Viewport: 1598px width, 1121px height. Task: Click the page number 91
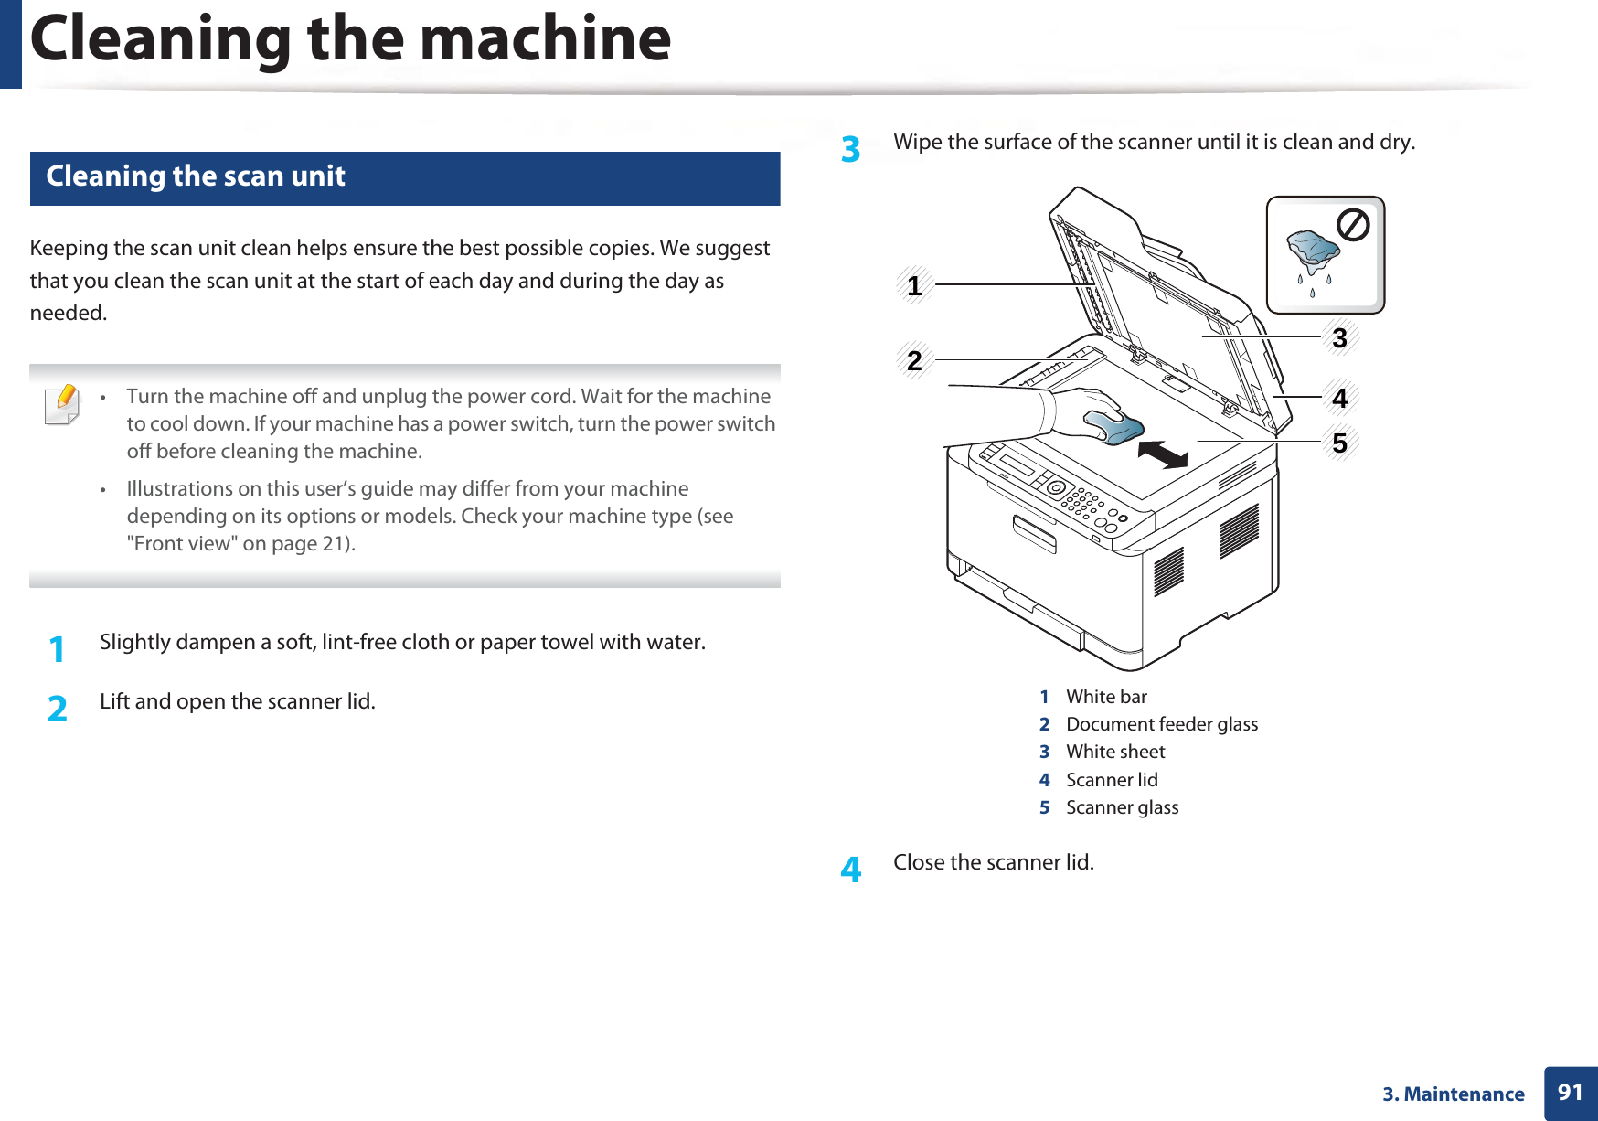pos(1570,1093)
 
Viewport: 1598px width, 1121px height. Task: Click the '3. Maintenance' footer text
pos(1453,1094)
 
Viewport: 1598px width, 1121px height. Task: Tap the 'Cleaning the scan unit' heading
pos(196,176)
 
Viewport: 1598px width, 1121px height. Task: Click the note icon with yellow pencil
pos(62,405)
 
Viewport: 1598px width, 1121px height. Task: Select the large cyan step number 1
pos(57,649)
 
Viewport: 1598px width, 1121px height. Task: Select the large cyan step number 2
pos(57,709)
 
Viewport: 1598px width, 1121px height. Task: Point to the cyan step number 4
pos(850,870)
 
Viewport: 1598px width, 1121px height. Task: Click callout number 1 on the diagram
pos(914,286)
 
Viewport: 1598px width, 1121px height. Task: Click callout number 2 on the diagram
pos(914,360)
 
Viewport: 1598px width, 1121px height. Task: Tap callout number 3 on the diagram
pos(1339,338)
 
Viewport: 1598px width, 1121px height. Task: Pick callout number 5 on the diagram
pos(1339,443)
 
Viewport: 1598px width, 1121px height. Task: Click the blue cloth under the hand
pos(1115,426)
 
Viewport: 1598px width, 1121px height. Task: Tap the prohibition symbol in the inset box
pos(1353,225)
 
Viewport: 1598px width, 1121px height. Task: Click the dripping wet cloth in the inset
pos(1313,252)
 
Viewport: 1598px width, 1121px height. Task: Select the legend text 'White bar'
pos(1106,697)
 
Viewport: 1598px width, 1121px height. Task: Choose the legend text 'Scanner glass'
pos(1122,807)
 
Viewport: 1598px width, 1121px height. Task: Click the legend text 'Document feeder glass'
pos(1161,724)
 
